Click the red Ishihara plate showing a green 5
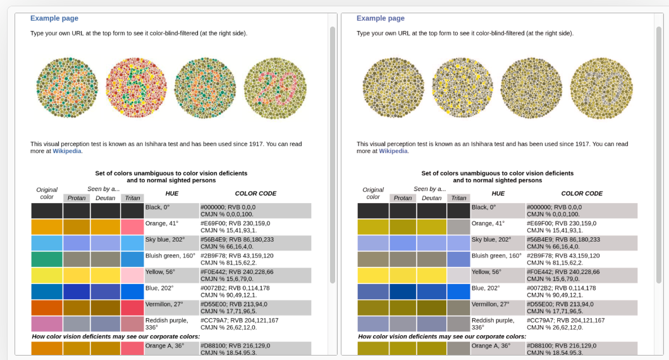(137, 87)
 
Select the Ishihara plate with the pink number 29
(275, 89)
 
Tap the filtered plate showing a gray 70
(601, 89)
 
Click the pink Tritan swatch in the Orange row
(132, 227)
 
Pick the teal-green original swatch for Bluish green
(47, 259)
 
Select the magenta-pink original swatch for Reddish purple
(47, 324)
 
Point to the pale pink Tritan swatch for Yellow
(132, 275)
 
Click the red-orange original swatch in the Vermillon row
(47, 308)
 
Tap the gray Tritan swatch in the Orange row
(458, 227)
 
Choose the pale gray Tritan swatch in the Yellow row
(458, 275)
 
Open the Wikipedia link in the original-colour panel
(67, 151)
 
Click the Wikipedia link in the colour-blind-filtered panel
(393, 151)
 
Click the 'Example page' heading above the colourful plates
(54, 18)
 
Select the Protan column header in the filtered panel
(403, 198)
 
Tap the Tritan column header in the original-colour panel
(132, 198)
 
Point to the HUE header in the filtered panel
(498, 194)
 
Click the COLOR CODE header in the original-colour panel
(255, 194)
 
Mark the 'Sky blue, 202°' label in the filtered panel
(491, 240)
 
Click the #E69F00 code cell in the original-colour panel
(235, 227)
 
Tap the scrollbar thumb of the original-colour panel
(333, 155)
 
